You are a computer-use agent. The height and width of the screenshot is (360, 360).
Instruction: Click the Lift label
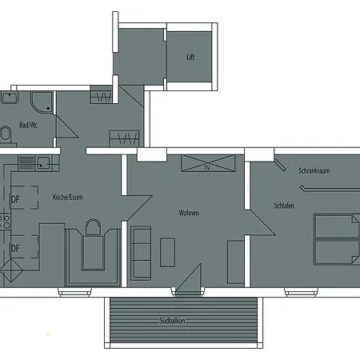190,57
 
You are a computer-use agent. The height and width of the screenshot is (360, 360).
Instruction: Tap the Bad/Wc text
28,125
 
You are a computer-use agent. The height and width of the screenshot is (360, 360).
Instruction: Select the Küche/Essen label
68,197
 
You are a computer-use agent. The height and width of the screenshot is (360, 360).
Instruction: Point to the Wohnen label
189,213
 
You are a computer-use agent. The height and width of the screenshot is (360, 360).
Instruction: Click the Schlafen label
284,206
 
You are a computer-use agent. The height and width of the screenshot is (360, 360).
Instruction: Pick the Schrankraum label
314,170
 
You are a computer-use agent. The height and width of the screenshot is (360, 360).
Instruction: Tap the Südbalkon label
172,321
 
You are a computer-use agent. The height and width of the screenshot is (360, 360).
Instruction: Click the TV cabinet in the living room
208,163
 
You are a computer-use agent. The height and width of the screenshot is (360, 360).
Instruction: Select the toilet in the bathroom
5,133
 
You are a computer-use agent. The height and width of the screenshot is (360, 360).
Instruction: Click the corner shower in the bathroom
42,102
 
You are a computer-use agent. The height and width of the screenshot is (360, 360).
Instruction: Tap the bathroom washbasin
10,98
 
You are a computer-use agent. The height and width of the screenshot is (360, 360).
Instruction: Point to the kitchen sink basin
43,163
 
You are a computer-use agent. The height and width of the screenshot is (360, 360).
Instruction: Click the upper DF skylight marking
24,198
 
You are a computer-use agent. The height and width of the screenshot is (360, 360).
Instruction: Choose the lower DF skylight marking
24,246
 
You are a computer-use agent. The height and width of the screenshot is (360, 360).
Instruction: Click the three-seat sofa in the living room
141,253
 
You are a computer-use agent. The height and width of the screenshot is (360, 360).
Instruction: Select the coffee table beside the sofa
167,252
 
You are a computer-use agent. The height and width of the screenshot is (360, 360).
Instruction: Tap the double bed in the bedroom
337,239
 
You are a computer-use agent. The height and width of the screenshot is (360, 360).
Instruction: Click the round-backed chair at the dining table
93,227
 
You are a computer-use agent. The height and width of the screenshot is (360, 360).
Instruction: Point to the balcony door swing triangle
189,279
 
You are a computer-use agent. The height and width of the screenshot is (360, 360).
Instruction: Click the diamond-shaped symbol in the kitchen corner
11,270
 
